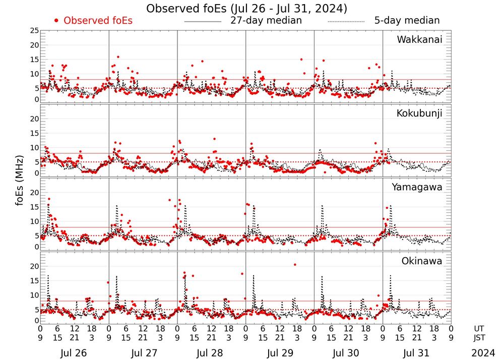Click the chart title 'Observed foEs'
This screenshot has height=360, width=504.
pyautogui.click(x=246, y=9)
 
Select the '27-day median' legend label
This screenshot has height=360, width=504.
pyautogui.click(x=266, y=21)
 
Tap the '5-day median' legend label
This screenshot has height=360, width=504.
pyautogui.click(x=407, y=21)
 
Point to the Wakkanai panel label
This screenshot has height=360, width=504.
pyautogui.click(x=419, y=40)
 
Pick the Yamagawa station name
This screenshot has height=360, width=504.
pyautogui.click(x=417, y=187)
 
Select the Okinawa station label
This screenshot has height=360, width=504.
pyautogui.click(x=422, y=261)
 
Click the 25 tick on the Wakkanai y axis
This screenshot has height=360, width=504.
pyautogui.click(x=34, y=31)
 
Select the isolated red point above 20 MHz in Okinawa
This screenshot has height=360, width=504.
pyautogui.click(x=295, y=265)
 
